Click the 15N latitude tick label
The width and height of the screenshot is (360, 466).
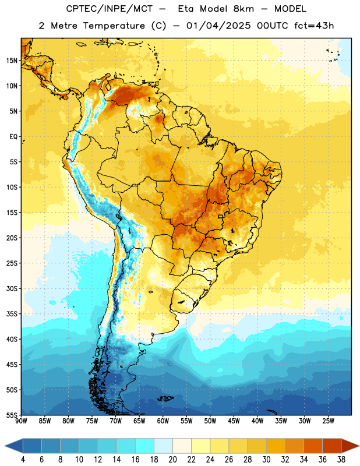pos(12,61)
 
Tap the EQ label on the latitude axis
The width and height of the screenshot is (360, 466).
pos(13,137)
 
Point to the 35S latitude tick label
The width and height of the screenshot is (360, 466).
pos(12,314)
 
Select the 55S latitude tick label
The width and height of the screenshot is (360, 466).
pos(12,415)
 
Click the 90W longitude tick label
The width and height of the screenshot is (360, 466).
pos(21,421)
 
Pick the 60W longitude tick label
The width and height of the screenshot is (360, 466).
pos(163,421)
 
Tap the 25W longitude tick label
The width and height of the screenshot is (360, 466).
pos(328,421)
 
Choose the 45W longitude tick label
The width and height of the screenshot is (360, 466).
pos(234,421)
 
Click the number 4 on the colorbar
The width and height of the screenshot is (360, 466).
pos(23,460)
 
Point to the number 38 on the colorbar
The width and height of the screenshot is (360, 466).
pos(341,460)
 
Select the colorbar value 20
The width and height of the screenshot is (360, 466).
pos(172,460)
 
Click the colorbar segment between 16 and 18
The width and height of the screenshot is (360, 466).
pos(145,446)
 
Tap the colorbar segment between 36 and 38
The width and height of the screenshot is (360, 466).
pos(332,446)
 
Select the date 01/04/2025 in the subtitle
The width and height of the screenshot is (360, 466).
pos(218,26)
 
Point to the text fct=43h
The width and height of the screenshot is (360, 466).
pos(314,26)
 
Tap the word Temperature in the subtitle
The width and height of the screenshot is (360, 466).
pos(114,26)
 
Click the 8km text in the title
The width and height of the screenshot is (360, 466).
pos(243,9)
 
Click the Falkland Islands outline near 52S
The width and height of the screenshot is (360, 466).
pos(165,398)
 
